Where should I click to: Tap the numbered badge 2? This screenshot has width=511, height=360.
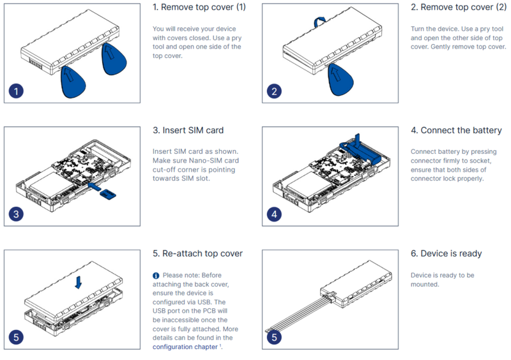[275, 91]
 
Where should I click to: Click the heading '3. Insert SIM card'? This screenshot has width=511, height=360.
[188, 130]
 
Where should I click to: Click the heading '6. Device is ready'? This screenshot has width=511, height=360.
[446, 253]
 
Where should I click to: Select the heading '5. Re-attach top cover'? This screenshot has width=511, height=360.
[197, 253]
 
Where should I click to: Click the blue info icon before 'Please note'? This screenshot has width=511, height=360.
[156, 276]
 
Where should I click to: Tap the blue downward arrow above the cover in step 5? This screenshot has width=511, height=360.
[78, 281]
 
